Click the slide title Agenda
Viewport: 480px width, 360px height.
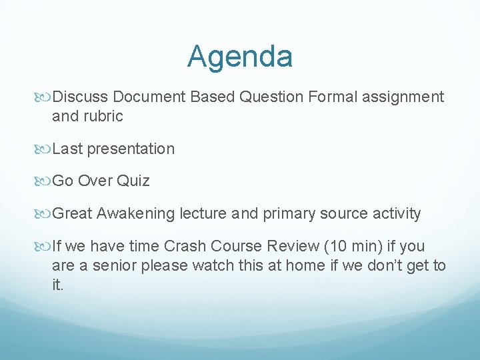pyautogui.click(x=240, y=57)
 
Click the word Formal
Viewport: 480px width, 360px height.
pyautogui.click(x=333, y=97)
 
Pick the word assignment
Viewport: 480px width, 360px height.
pyautogui.click(x=403, y=97)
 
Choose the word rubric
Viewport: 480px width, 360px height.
pyautogui.click(x=103, y=116)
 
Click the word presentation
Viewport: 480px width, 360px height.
pyautogui.click(x=131, y=149)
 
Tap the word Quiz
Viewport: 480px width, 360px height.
pyautogui.click(x=135, y=181)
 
